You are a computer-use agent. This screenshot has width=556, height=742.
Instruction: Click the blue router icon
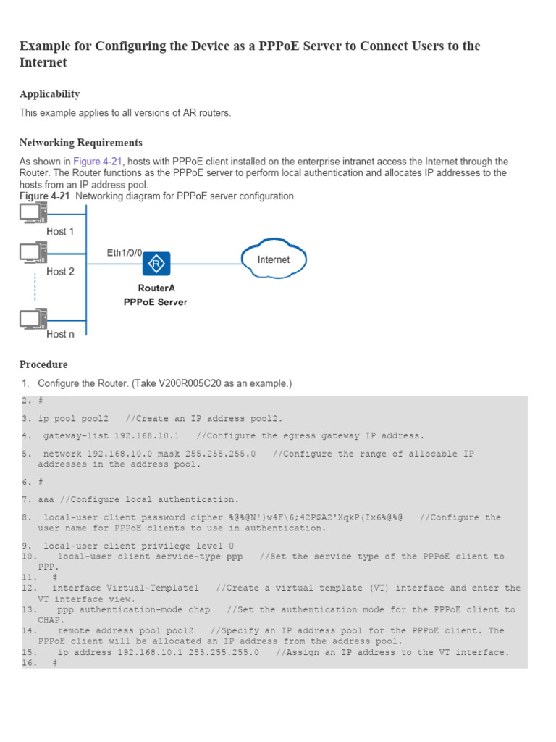(x=156, y=264)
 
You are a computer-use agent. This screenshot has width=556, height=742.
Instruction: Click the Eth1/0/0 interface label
(x=125, y=253)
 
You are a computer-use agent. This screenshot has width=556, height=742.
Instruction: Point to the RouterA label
(x=156, y=288)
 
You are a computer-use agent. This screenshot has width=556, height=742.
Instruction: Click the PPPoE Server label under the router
(x=155, y=301)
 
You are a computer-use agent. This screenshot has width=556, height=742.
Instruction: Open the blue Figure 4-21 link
(x=98, y=162)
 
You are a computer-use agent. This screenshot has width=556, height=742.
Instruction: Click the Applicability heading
(x=49, y=94)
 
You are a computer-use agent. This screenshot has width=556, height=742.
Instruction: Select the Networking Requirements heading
(x=80, y=143)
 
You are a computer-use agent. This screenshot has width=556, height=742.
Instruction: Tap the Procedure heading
(x=43, y=364)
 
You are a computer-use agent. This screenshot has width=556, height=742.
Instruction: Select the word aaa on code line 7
(x=46, y=500)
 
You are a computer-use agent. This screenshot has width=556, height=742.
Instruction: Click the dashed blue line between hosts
(x=35, y=288)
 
